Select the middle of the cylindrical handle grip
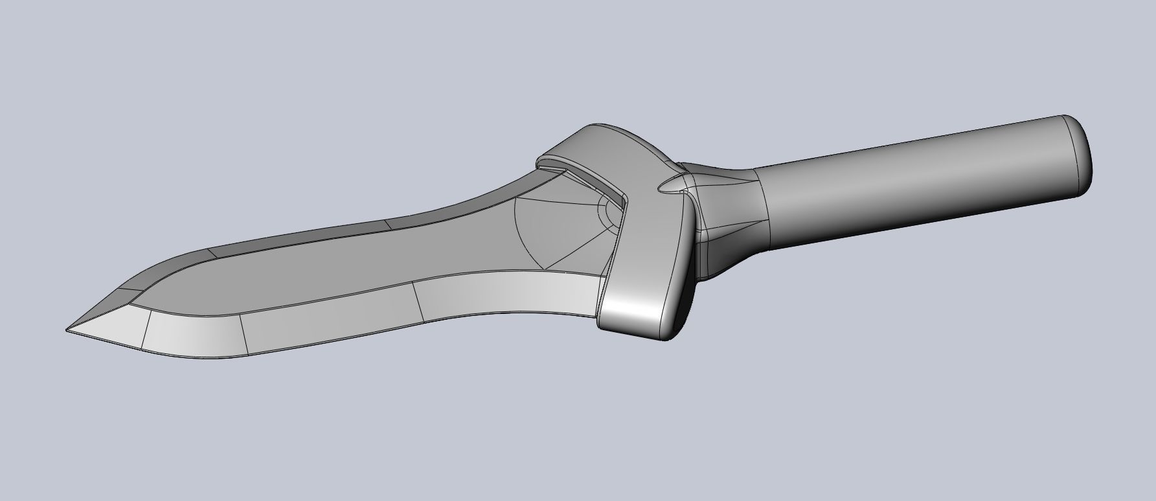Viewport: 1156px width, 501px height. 920,194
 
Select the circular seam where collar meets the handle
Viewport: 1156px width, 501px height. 763,214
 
